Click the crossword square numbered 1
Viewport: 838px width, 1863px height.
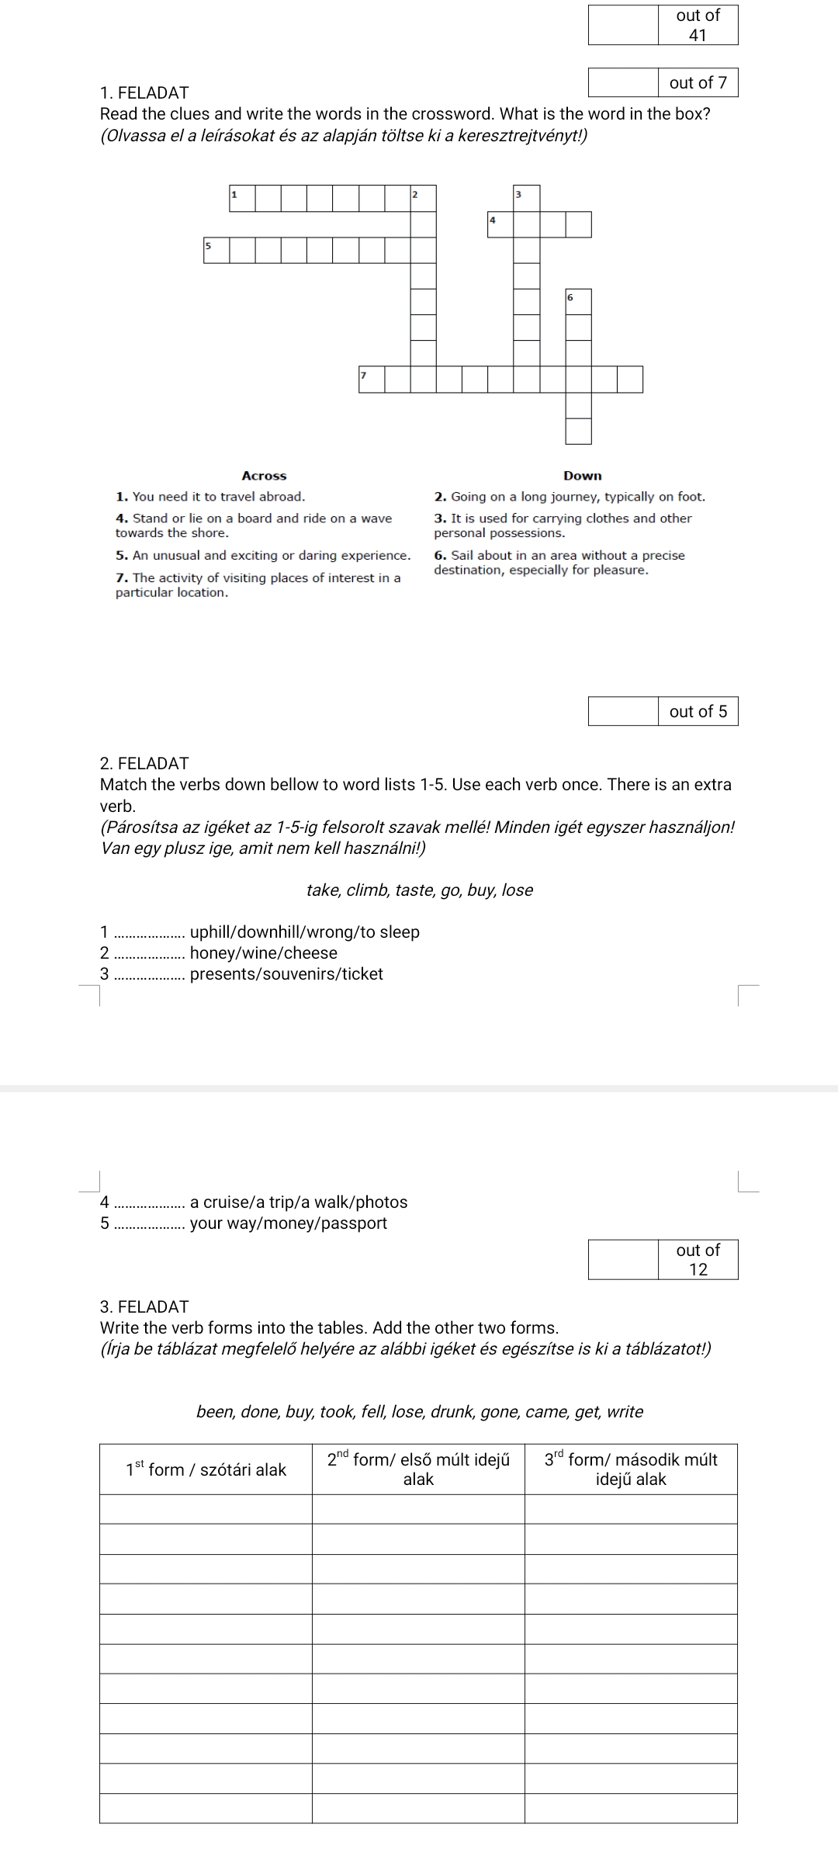click(243, 199)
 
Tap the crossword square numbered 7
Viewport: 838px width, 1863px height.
click(372, 380)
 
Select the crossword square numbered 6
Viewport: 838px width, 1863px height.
click(578, 302)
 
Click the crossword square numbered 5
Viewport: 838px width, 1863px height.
click(216, 250)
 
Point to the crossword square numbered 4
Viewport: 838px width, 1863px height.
click(500, 224)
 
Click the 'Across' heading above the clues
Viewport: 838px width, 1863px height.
click(264, 476)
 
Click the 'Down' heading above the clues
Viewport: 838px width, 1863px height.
click(583, 476)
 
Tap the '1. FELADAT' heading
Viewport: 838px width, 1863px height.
click(144, 93)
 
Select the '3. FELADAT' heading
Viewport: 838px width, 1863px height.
click(144, 1306)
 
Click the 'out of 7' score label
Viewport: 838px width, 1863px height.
click(698, 82)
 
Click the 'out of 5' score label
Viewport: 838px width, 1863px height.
click(698, 711)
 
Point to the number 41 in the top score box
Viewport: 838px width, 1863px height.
click(698, 35)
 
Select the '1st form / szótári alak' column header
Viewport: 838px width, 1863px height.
click(206, 1469)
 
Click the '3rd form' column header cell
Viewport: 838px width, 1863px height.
click(631, 1469)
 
